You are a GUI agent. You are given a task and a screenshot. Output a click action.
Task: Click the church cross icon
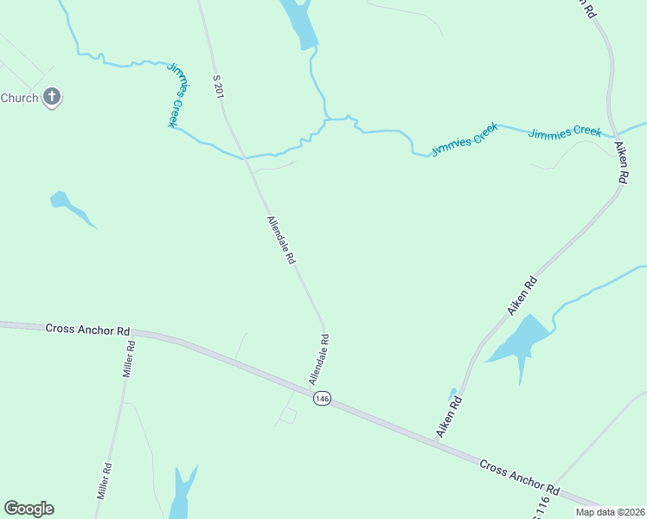[52, 97]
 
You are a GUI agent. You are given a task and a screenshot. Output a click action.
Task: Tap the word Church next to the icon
[19, 98]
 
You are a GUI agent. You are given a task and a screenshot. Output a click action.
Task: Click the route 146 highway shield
[322, 398]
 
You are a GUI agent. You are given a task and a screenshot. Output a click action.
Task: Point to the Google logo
[29, 509]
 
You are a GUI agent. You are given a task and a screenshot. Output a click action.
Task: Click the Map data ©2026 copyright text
[611, 512]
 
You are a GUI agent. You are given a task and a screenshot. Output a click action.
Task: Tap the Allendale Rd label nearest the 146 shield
[319, 361]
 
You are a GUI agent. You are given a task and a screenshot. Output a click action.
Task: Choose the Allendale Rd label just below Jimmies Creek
[282, 240]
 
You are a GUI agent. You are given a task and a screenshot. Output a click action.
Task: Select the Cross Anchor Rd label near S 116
[520, 477]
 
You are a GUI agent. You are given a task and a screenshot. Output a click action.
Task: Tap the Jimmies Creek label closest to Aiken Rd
[565, 132]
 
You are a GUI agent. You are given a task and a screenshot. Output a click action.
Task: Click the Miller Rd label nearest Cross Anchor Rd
[129, 359]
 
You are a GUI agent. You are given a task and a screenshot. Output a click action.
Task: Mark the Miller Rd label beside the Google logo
[105, 482]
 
